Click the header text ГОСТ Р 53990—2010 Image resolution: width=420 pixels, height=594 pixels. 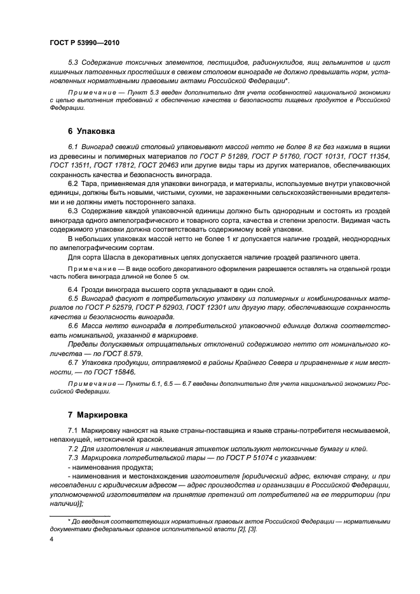pyautogui.click(x=85, y=43)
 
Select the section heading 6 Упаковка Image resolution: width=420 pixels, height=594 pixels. pyautogui.click(x=91, y=131)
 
